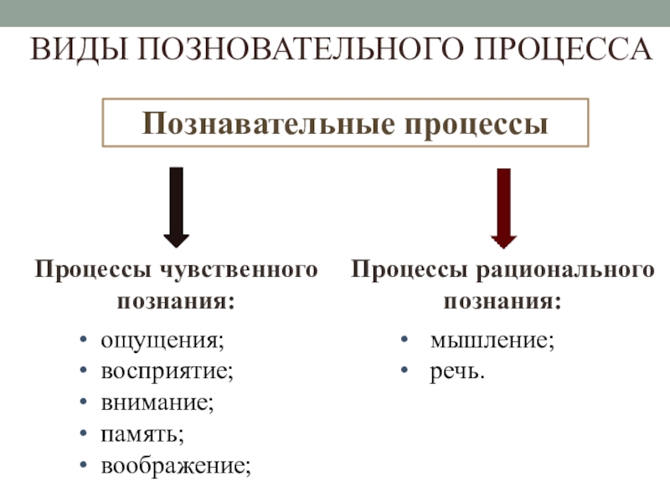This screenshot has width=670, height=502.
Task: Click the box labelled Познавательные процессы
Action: tap(345, 124)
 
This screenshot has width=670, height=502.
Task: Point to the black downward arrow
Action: tap(177, 205)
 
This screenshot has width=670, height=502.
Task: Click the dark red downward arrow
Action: tap(503, 207)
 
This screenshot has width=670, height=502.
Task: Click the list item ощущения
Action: tap(162, 341)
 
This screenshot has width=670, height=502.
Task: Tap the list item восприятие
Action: tap(167, 371)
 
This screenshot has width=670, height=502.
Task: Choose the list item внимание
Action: tap(157, 402)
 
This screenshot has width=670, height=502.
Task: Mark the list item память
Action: tap(142, 433)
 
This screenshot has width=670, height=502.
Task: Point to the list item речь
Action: tap(458, 371)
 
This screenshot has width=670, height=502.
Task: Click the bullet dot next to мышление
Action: tap(405, 341)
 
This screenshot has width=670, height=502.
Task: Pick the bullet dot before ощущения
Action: tap(83, 341)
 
